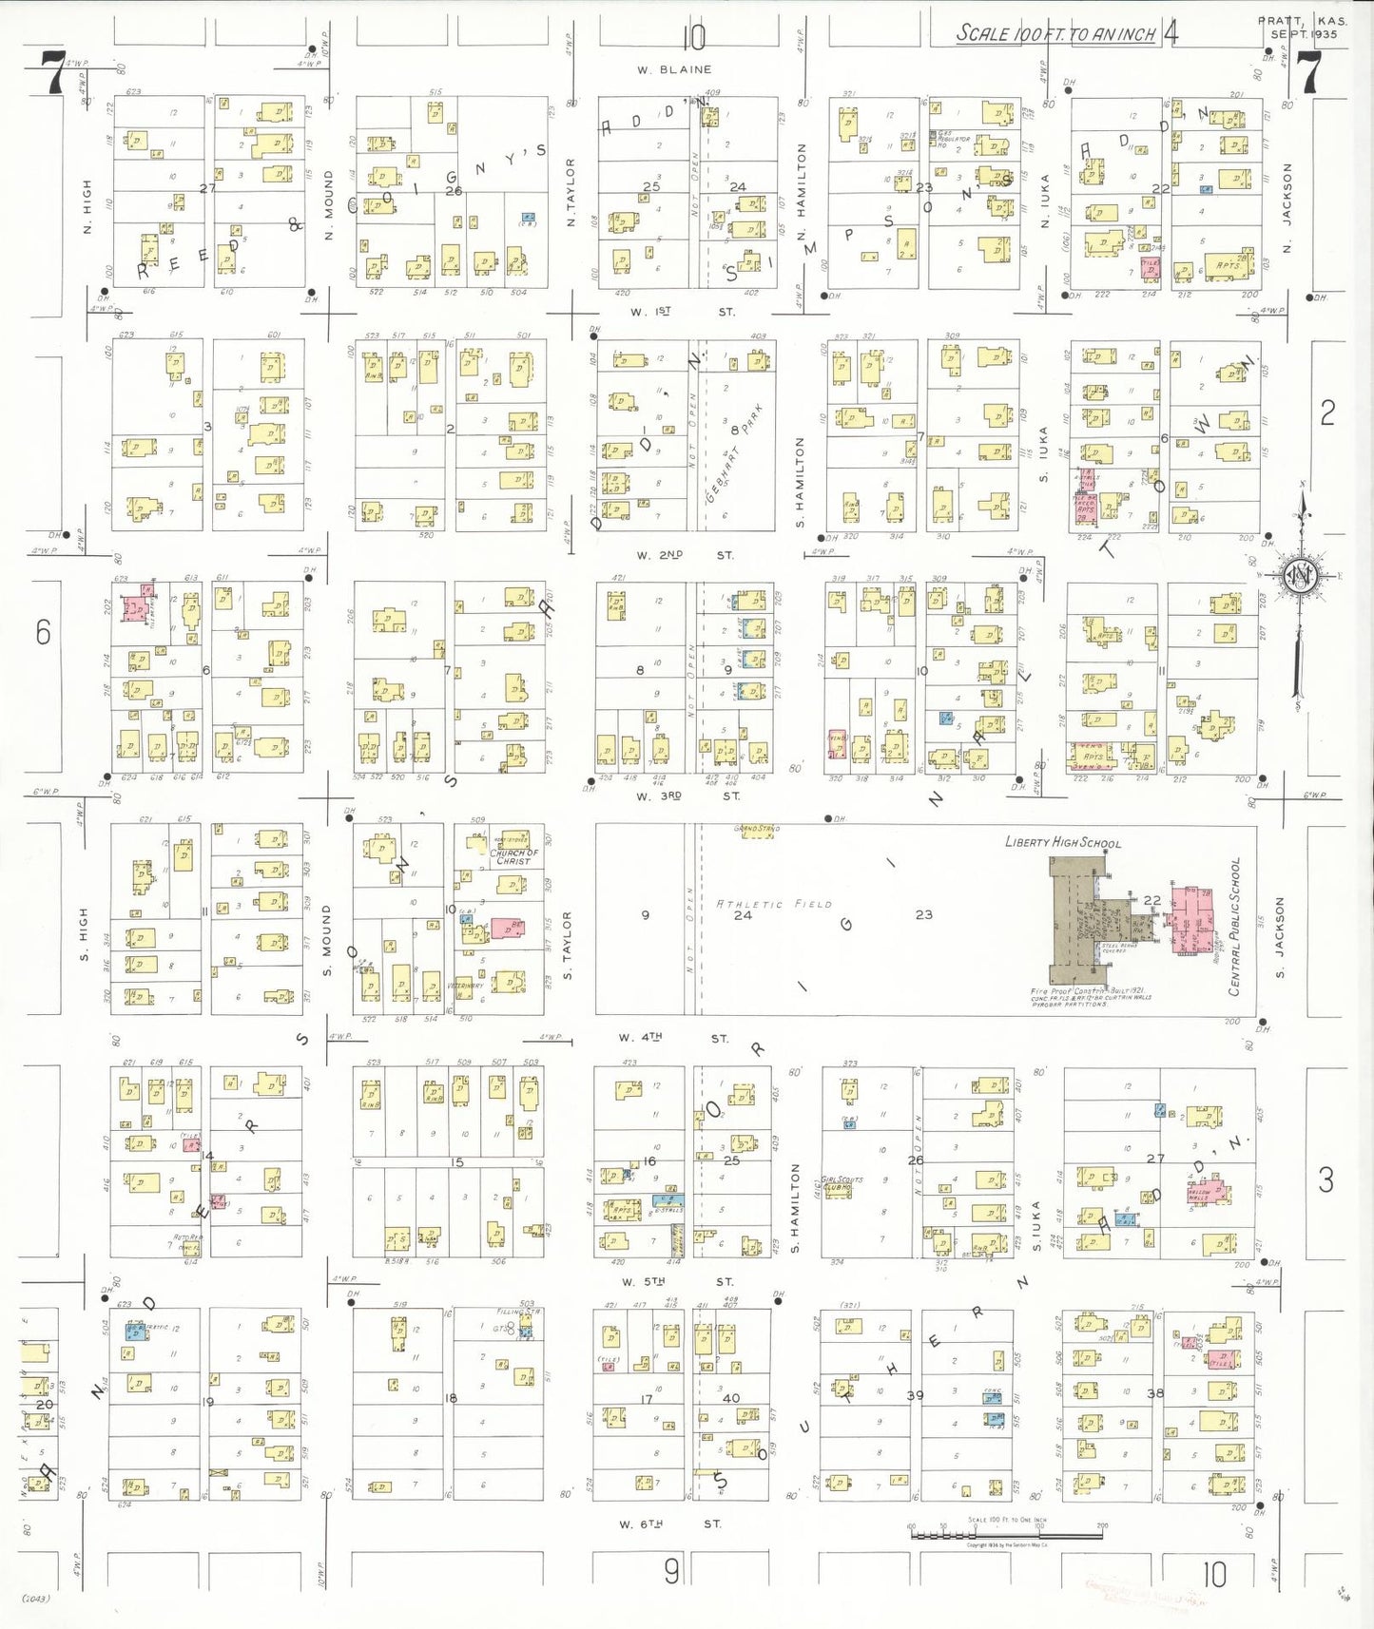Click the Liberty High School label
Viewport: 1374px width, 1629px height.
click(x=1063, y=842)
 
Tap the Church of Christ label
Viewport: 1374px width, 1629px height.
click(x=513, y=856)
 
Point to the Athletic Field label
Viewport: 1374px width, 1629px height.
click(x=774, y=904)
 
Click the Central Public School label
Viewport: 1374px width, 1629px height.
click(x=1235, y=927)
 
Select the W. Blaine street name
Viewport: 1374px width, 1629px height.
click(x=674, y=69)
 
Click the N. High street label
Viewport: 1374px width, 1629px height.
click(x=87, y=206)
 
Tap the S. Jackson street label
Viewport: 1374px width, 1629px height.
click(x=1280, y=938)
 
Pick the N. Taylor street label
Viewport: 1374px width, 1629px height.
click(x=571, y=192)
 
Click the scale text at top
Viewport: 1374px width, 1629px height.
click(x=1055, y=34)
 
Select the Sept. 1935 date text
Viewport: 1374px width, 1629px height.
click(x=1304, y=34)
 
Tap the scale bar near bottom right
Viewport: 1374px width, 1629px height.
click(x=1007, y=1531)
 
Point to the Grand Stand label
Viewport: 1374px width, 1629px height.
click(x=757, y=829)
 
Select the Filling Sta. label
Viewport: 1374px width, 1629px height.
click(x=517, y=1313)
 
